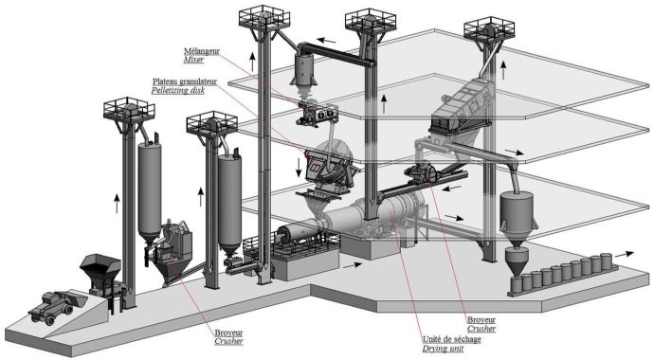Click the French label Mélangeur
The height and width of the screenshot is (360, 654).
(x=202, y=51)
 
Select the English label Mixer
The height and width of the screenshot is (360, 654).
(x=194, y=60)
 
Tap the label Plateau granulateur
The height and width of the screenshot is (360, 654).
(x=185, y=81)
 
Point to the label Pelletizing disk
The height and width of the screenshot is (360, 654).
(x=178, y=90)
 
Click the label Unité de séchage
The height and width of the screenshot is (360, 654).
(x=452, y=339)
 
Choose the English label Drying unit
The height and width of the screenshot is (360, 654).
(x=443, y=349)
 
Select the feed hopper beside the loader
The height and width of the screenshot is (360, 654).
(x=100, y=270)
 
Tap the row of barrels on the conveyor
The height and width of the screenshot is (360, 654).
(x=562, y=273)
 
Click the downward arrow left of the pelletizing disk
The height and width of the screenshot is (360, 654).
(x=299, y=166)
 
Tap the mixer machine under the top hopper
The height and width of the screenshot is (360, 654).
(x=317, y=115)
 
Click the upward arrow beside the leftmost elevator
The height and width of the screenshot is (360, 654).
(x=118, y=203)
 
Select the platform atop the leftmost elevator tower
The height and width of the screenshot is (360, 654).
(x=129, y=109)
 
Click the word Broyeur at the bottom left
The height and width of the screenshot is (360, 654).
(x=228, y=333)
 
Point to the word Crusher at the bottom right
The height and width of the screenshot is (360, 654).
(x=481, y=329)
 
